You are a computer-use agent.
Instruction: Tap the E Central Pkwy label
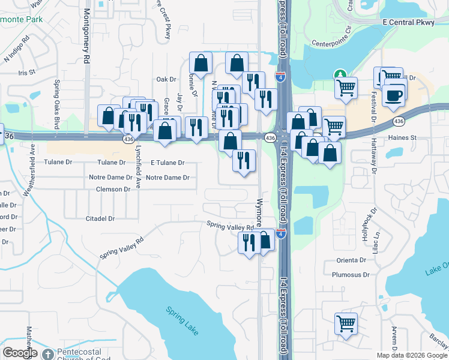pyautogui.click(x=415, y=22)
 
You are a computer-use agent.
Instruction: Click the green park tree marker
pyautogui.click(x=340, y=74)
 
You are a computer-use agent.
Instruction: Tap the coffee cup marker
pyautogui.click(x=394, y=95)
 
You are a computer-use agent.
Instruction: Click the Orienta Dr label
pyautogui.click(x=351, y=260)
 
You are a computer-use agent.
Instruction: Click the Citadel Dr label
pyautogui.click(x=100, y=219)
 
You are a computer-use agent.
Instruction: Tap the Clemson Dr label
pyautogui.click(x=113, y=189)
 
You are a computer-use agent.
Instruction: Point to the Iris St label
pyautogui.click(x=27, y=72)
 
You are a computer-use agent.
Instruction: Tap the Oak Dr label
pyautogui.click(x=166, y=79)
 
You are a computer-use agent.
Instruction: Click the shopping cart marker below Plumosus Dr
pyautogui.click(x=346, y=323)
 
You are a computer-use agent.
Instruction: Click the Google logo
pyautogui.click(x=20, y=353)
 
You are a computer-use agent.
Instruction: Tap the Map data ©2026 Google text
pyautogui.click(x=412, y=355)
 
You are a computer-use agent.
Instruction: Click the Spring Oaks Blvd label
pyautogui.click(x=57, y=105)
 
